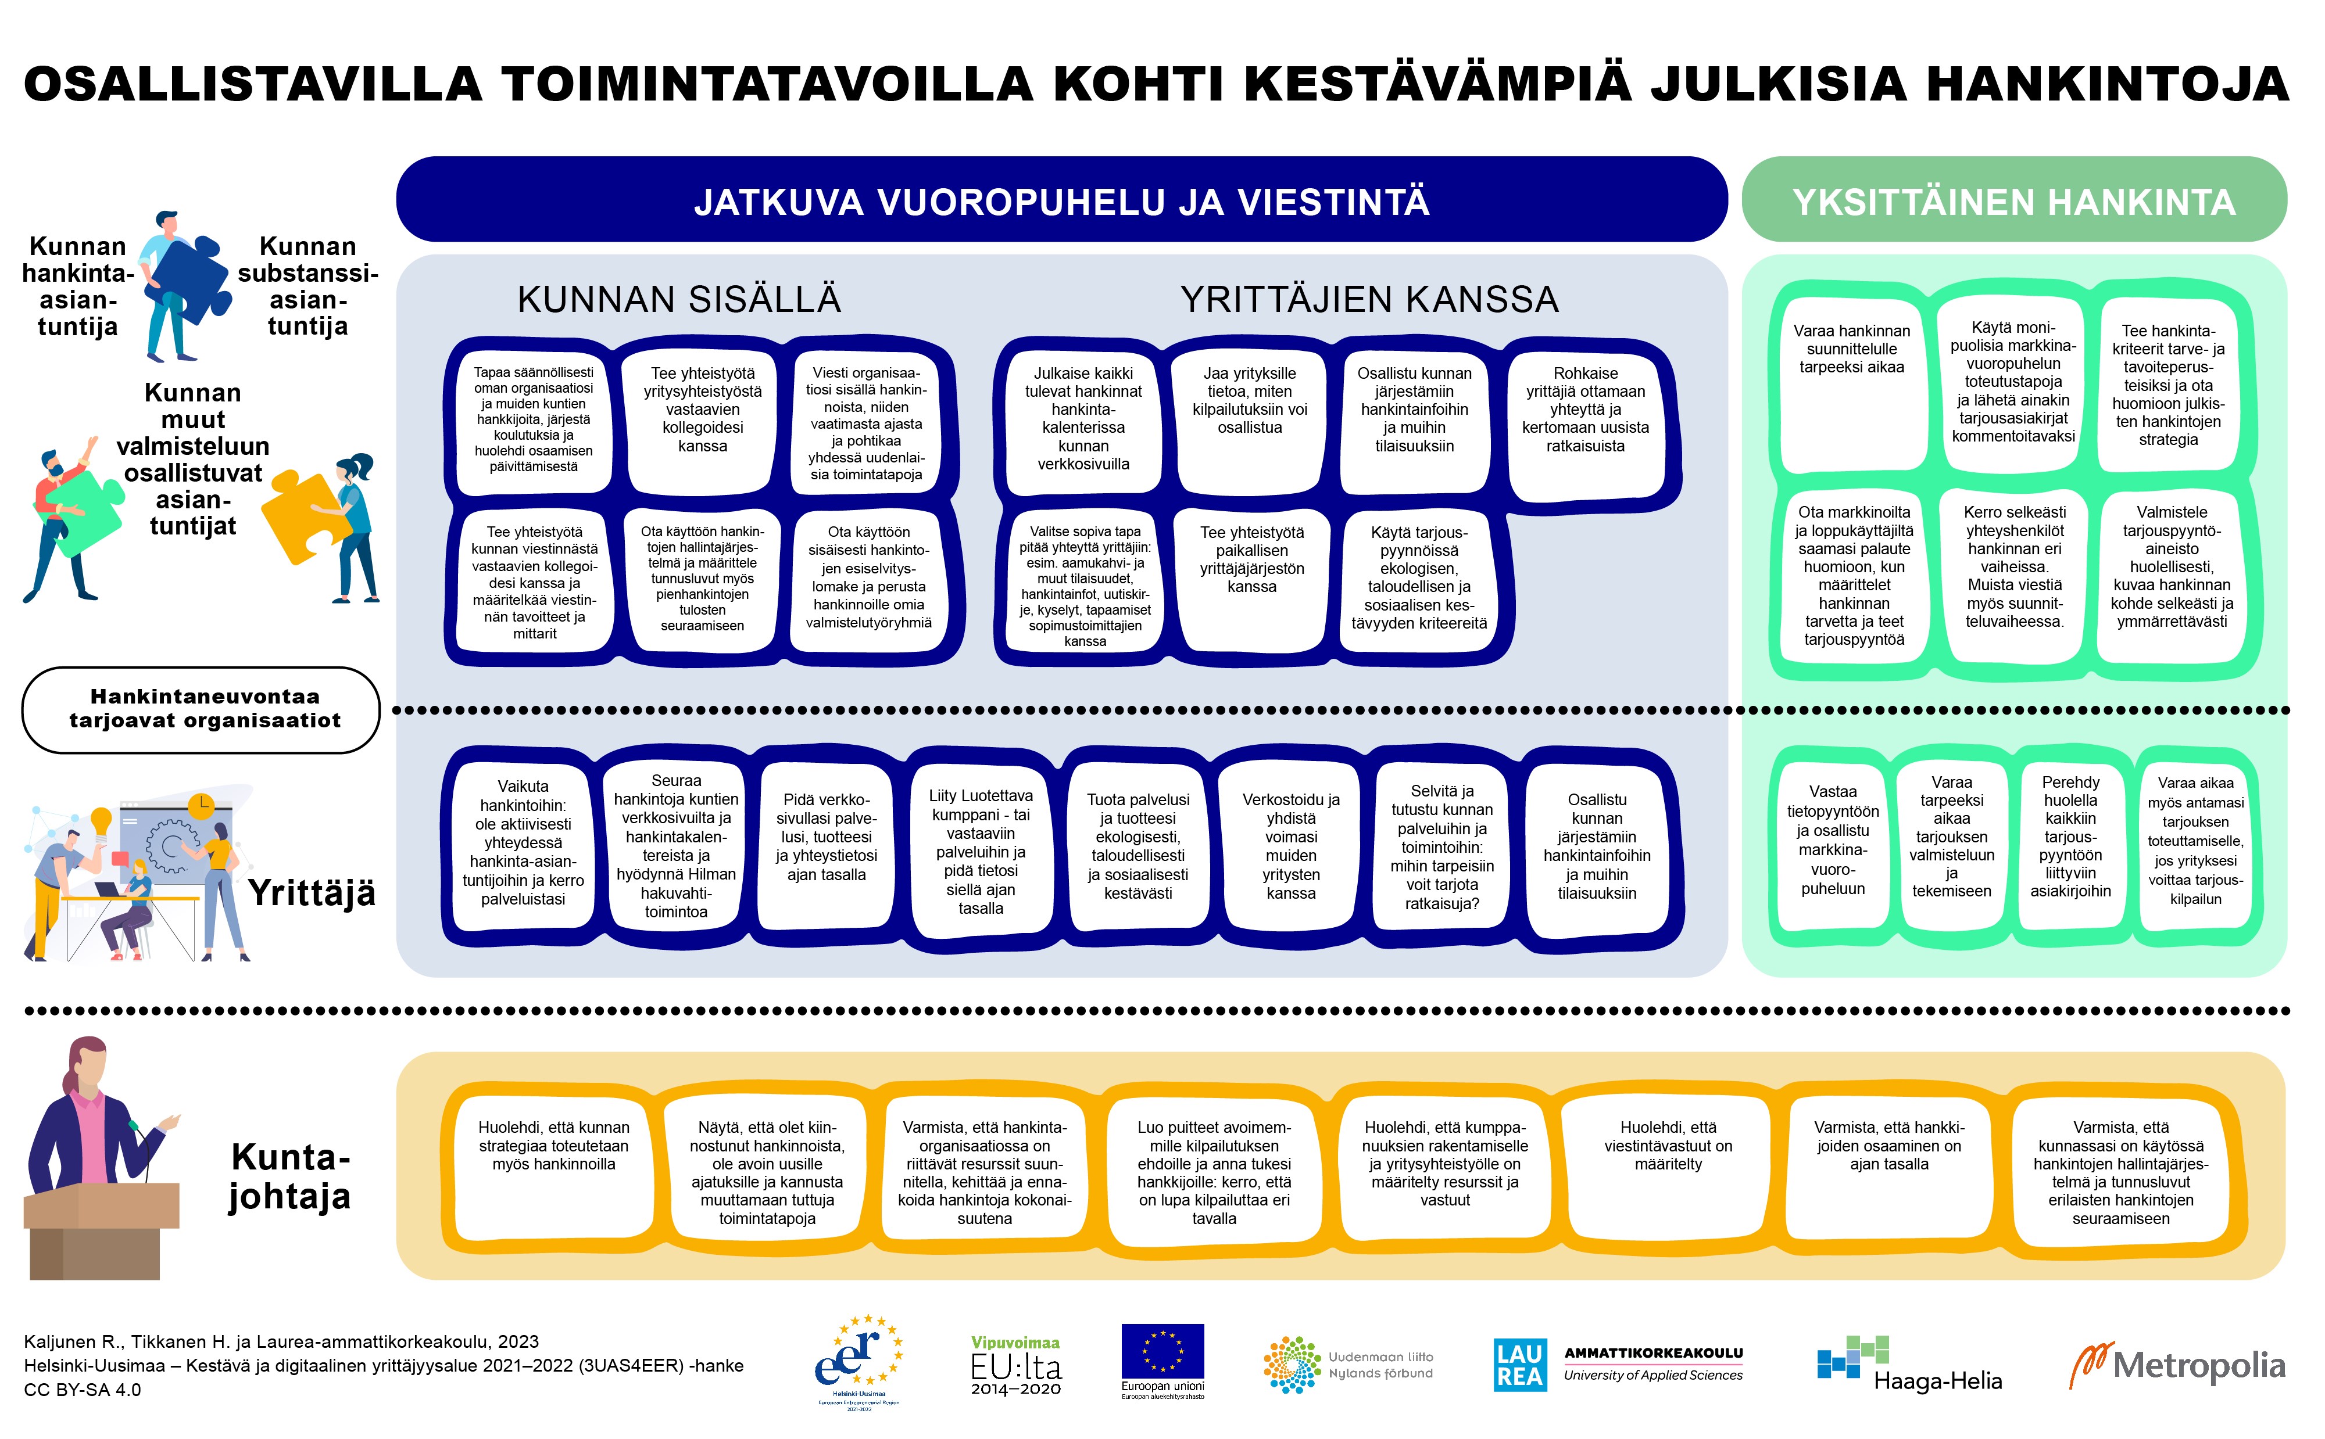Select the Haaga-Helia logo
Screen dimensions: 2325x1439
point(1908,1364)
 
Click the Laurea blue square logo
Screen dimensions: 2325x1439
point(1519,1365)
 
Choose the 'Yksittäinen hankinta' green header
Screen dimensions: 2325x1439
point(2013,202)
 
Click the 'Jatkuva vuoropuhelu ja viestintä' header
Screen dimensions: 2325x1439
point(1061,202)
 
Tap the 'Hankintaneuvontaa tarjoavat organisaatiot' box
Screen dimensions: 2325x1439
point(202,709)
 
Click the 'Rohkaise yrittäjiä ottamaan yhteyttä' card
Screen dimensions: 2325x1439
point(1584,419)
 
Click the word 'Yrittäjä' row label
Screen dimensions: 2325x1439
point(312,893)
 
